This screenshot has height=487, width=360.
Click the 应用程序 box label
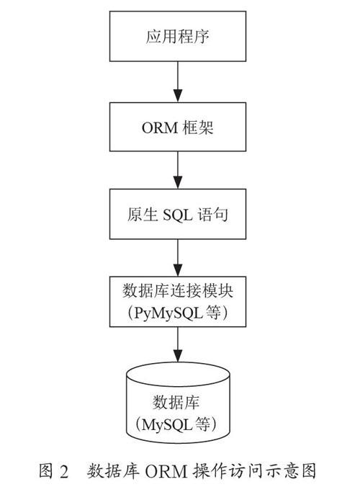click(178, 37)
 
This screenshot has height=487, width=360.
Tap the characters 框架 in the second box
click(198, 128)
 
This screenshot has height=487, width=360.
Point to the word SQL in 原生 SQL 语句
click(178, 215)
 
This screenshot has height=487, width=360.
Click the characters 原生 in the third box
click(143, 214)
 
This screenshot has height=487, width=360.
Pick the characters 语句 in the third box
click(213, 214)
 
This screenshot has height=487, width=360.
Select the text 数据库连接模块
click(178, 291)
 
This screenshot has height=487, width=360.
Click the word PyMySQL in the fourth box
click(168, 313)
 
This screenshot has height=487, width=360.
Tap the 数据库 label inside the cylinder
click(176, 402)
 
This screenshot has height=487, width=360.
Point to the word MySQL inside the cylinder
click(167, 424)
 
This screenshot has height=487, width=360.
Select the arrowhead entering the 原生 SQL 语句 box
click(178, 182)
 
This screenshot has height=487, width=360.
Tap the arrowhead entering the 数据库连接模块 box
click(178, 269)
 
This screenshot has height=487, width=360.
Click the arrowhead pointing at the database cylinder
click(178, 356)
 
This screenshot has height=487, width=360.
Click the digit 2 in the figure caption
click(63, 471)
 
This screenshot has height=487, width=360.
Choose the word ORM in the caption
click(166, 471)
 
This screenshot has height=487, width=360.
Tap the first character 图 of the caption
click(46, 471)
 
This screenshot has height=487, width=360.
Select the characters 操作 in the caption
click(210, 471)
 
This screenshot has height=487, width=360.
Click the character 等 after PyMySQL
click(213, 313)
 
